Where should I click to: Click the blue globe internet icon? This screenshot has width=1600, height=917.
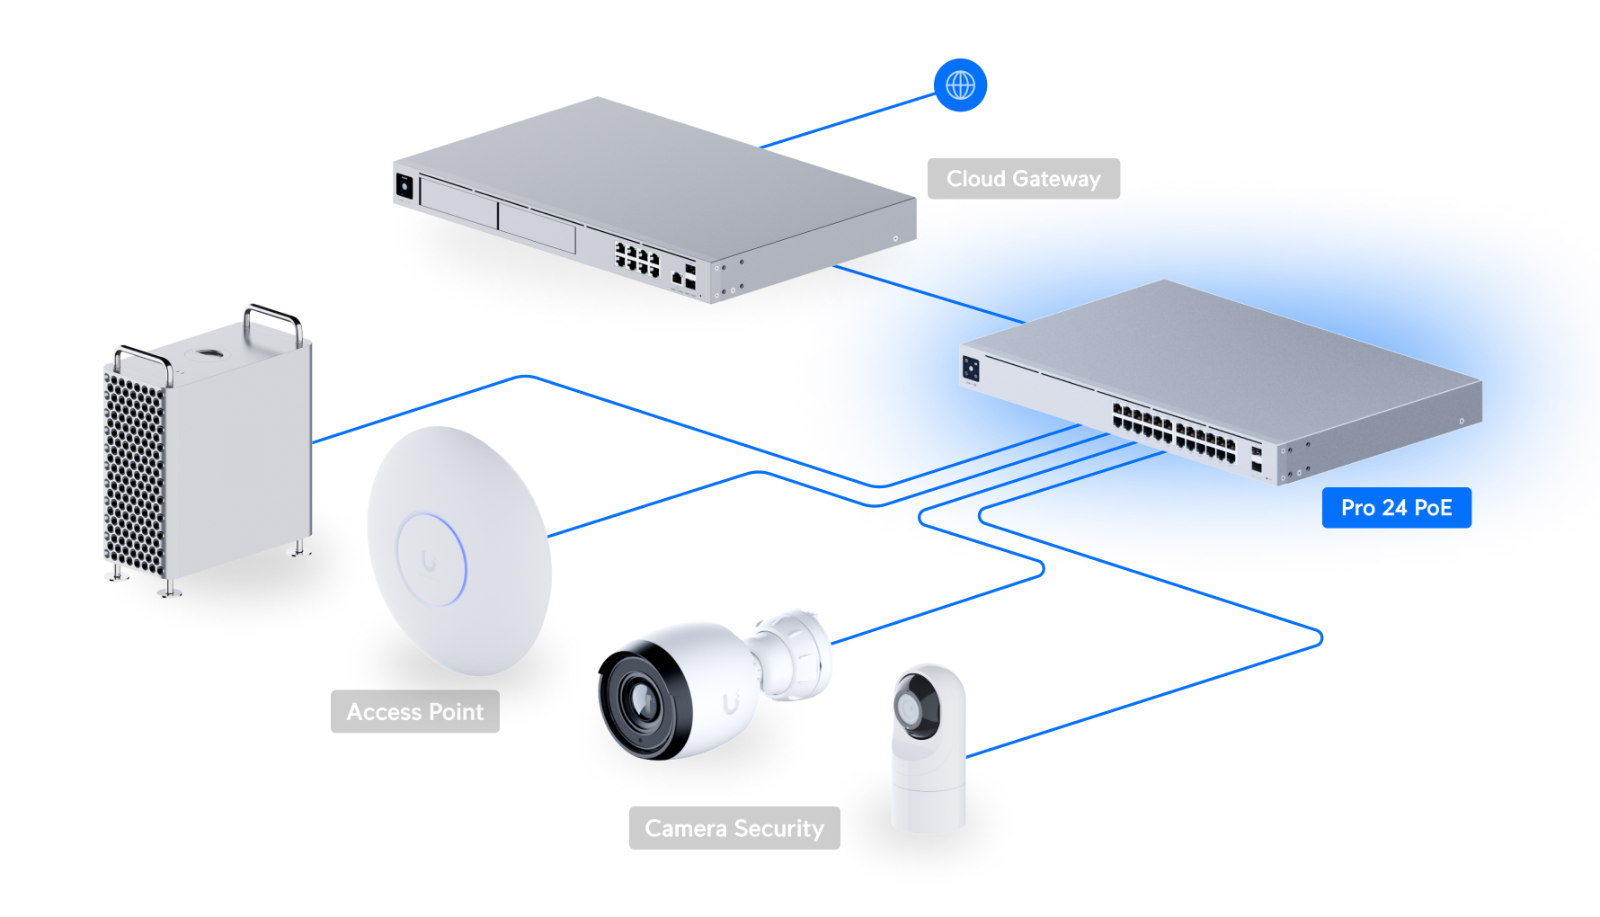coord(960,85)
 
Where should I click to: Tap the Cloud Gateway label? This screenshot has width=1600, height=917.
coord(1023,179)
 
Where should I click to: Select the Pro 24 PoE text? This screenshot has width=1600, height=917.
coord(1396,508)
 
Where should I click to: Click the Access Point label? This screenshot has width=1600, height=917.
coord(415,712)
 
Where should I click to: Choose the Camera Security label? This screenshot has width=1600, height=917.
coord(733,828)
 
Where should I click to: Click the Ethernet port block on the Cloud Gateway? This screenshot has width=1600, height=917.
coord(637,259)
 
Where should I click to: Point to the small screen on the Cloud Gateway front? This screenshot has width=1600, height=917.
coord(404,186)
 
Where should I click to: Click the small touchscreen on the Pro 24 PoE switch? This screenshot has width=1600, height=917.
coord(971,368)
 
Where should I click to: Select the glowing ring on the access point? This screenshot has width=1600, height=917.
coord(432,559)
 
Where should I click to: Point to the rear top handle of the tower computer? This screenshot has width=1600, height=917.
coord(271,317)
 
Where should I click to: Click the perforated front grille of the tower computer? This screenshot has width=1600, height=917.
coord(135,467)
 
